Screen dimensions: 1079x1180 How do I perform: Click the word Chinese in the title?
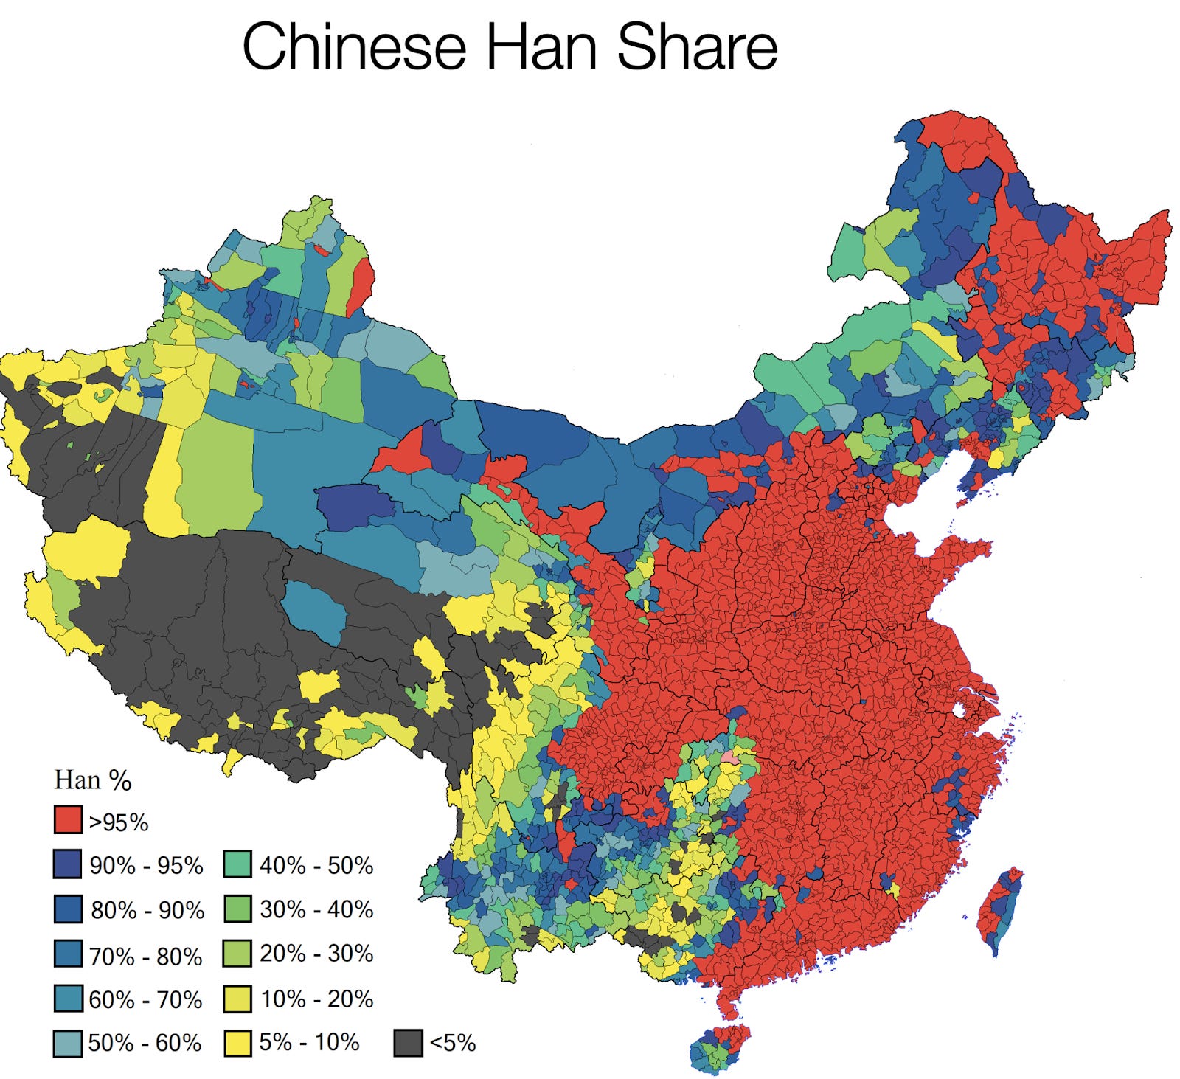354,46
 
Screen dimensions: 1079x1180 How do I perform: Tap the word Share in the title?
697,46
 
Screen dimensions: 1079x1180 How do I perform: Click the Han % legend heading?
93,780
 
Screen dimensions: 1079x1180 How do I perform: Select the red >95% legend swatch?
67,820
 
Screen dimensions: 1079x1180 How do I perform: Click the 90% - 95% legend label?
146,865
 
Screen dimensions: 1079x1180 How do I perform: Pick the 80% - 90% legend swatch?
67,909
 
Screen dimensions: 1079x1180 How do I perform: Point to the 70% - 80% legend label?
145,957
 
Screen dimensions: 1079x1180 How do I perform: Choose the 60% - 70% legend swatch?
67,998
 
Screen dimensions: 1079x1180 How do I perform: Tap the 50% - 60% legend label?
145,1043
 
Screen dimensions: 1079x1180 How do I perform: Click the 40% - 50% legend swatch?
237,864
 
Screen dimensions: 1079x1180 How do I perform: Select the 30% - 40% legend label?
316,909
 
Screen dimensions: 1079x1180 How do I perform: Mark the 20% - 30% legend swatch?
237,954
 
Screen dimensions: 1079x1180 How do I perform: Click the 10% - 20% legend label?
316,999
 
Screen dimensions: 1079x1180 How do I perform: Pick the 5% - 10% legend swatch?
237,1042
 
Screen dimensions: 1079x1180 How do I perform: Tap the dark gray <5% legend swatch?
408,1043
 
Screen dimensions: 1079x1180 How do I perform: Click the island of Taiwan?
1000,911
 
